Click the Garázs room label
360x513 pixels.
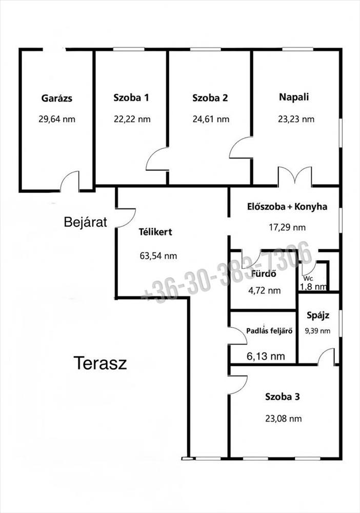pos(57,98)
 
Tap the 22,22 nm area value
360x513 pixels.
pos(132,119)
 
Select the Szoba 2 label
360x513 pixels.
pos(210,98)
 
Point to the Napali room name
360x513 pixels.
pos(294,97)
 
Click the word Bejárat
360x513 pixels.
pos(86,222)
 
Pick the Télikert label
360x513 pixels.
pos(155,232)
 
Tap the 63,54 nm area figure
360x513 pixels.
pos(158,255)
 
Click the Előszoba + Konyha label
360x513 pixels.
pos(287,206)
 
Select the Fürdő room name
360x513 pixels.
pos(264,273)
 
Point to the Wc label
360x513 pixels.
pos(308,279)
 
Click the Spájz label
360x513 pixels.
pos(318,315)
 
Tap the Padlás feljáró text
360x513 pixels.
pos(269,331)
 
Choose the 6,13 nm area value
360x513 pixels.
pos(266,356)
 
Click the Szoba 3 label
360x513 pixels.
pos(283,397)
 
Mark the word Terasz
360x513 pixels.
pos(100,363)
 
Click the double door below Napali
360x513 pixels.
pos(295,175)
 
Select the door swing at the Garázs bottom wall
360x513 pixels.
pos(70,181)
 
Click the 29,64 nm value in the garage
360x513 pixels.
pos(57,119)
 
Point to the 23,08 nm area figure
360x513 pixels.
pos(283,419)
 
